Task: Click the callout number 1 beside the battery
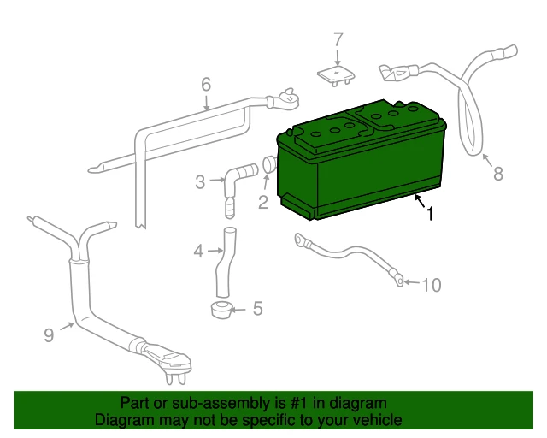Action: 431,213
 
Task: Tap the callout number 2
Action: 263,202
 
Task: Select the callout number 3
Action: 200,182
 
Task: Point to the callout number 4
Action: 198,252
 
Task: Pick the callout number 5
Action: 257,309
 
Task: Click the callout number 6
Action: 206,85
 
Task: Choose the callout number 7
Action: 338,39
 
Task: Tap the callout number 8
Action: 498,174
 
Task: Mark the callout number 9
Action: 50,335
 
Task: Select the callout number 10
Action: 432,285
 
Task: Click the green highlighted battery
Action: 361,160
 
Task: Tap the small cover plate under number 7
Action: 336,76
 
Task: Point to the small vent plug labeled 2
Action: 269,165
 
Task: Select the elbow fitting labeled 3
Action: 238,189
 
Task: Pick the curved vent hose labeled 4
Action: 225,263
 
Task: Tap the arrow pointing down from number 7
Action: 338,56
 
